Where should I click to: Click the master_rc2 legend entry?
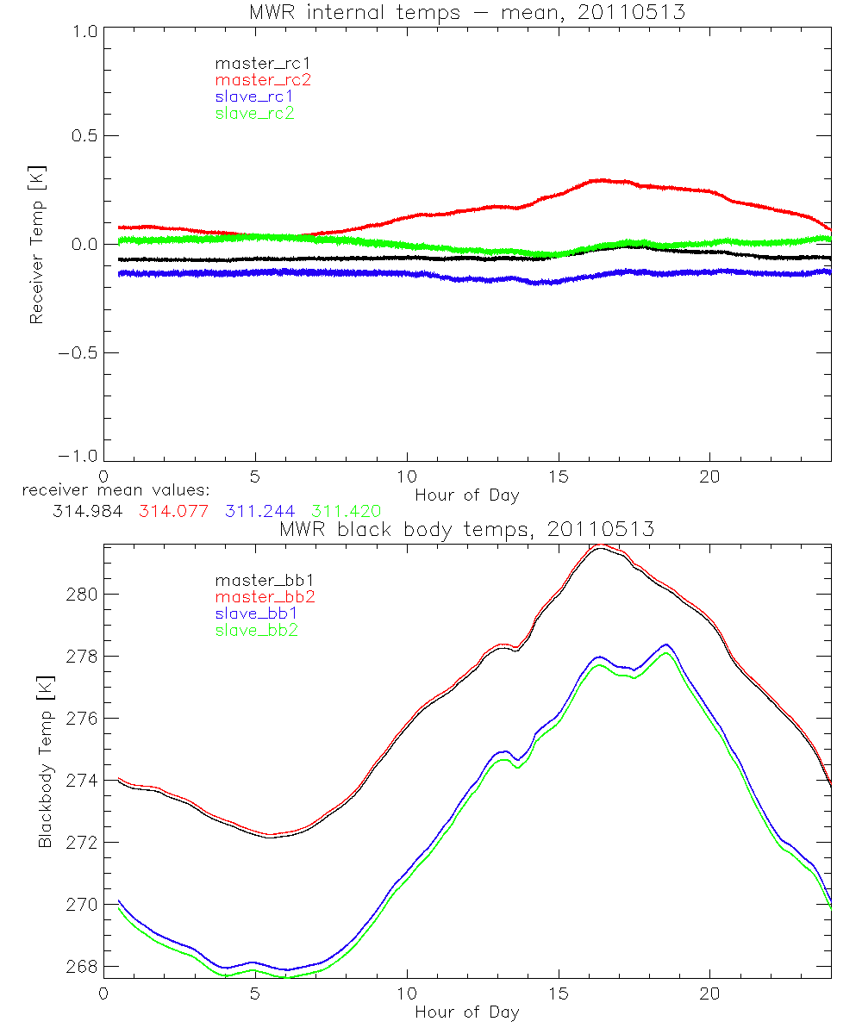coord(263,80)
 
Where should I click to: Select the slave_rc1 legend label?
coord(254,97)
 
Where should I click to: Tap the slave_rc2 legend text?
coord(254,113)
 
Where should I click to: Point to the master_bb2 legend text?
coord(265,597)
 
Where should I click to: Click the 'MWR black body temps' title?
coord(466,530)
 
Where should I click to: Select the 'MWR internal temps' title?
coord(466,12)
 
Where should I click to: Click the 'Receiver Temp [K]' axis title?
coord(36,245)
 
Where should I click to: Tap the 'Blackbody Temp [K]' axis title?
coord(45,755)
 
